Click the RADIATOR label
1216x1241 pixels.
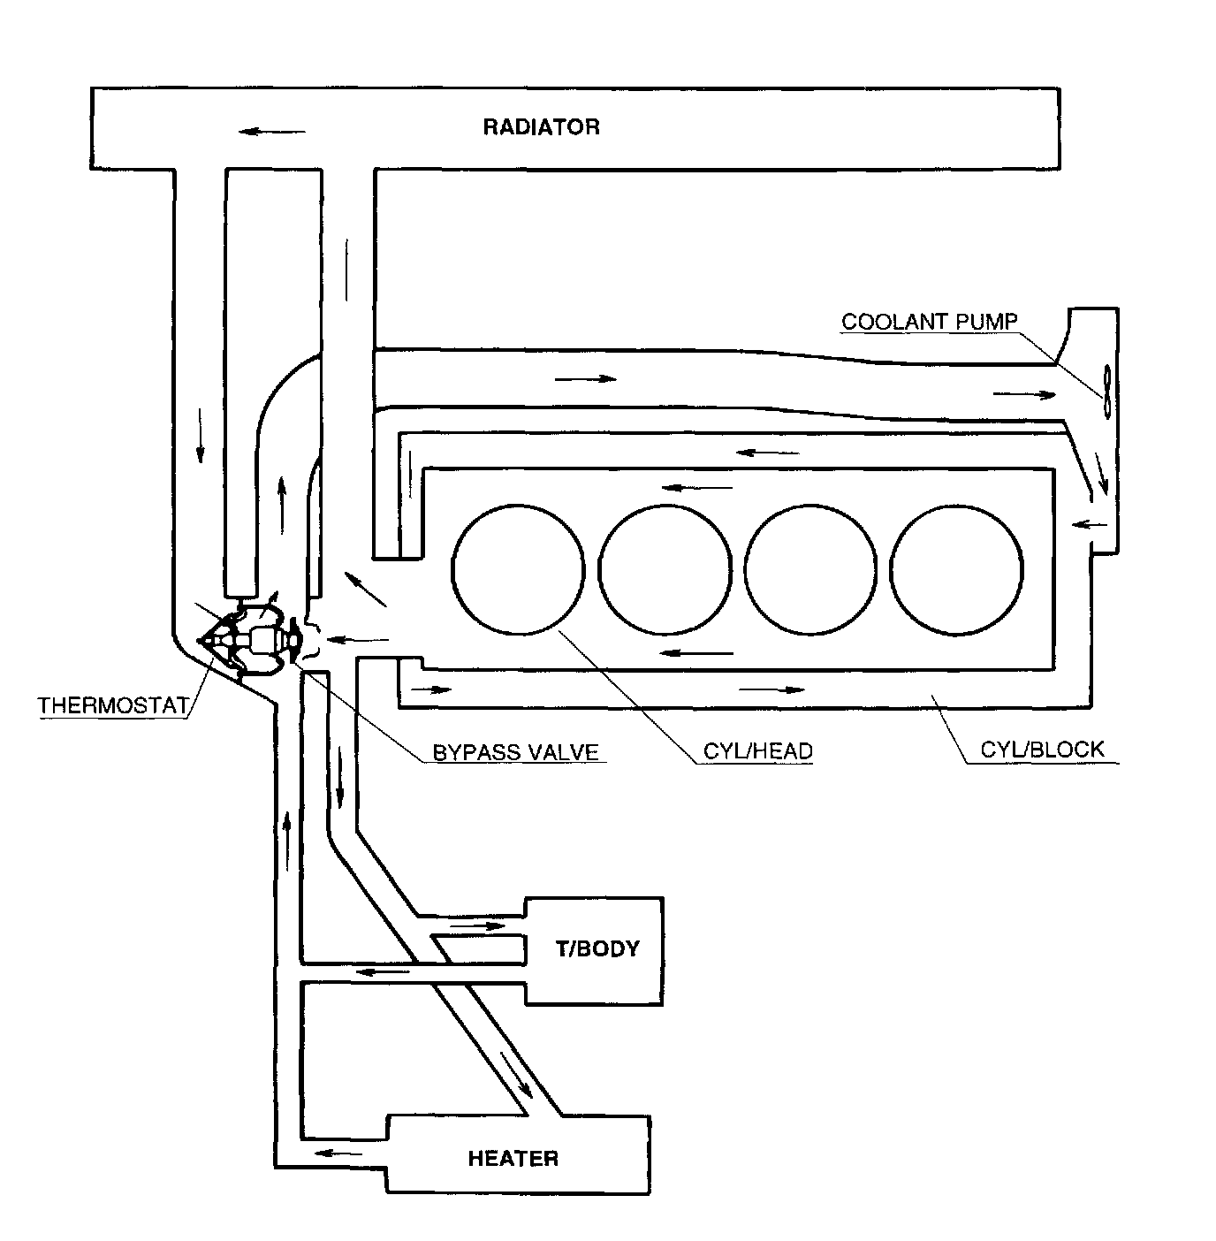541,127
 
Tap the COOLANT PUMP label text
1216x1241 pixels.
930,322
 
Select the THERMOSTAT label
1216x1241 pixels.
113,705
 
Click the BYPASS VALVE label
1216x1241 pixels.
515,752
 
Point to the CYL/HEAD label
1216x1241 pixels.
757,751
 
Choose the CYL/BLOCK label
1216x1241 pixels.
1042,750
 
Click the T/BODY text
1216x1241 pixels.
597,948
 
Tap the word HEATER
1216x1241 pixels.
513,1159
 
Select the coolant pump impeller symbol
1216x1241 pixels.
1106,392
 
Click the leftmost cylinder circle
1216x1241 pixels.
518,569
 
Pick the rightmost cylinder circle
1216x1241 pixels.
956,570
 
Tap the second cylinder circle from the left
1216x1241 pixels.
665,570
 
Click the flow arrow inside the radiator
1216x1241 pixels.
272,132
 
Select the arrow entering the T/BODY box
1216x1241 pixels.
478,926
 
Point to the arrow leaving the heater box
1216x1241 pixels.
338,1153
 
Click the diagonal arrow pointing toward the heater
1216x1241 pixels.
517,1075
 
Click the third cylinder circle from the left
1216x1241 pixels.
810,570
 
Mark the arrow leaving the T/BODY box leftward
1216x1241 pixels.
383,971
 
